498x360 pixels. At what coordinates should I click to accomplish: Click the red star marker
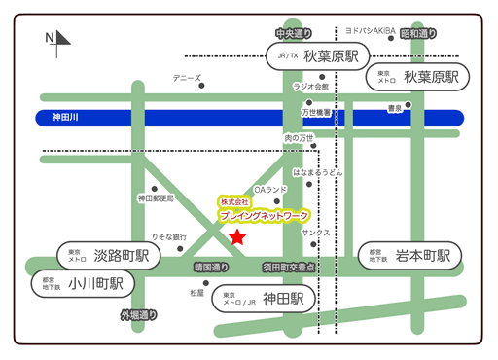coord(237,236)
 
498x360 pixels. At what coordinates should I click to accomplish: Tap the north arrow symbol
coord(59,39)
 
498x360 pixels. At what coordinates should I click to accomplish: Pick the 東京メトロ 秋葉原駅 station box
coord(415,77)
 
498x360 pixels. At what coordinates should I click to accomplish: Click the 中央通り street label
coord(292,34)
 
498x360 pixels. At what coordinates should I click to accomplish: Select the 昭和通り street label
coord(418,34)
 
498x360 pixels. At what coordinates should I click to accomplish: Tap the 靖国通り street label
coord(211,266)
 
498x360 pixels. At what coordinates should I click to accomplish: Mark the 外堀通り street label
coord(138,315)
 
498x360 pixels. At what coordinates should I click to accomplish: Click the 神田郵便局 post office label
coord(156,198)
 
